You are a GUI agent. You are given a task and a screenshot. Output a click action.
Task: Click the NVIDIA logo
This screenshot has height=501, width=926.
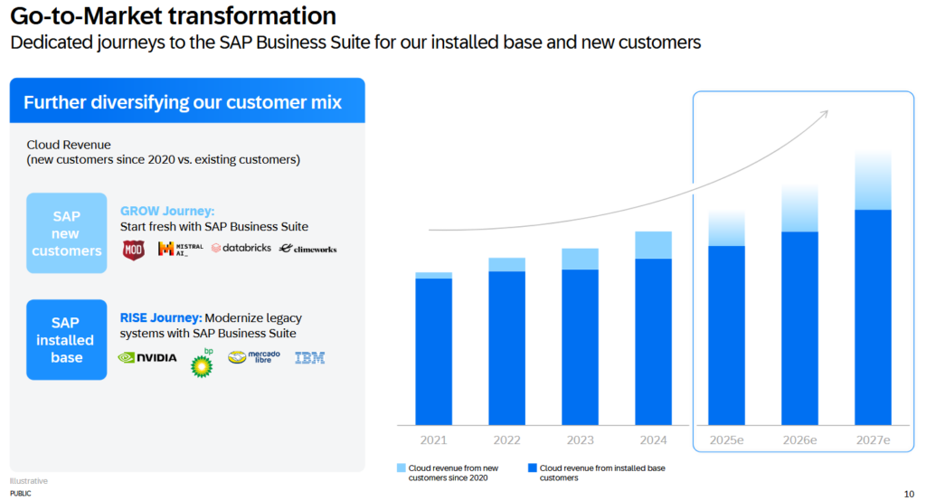coord(147,357)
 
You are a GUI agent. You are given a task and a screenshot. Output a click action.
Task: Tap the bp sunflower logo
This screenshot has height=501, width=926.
coord(202,364)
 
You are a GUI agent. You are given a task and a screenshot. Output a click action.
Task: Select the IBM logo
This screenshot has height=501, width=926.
coord(309,358)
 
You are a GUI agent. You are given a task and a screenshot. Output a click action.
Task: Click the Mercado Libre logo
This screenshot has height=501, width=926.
coord(254,357)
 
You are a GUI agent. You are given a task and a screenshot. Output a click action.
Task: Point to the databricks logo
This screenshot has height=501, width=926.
coord(241,248)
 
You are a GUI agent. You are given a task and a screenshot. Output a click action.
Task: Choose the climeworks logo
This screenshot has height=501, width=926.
coord(307,248)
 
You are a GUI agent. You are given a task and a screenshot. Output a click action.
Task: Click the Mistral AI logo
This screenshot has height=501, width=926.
coord(180,249)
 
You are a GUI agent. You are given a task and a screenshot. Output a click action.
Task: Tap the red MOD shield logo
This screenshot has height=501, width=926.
coord(133,250)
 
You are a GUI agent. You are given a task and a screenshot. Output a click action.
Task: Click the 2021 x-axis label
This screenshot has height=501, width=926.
coord(433,440)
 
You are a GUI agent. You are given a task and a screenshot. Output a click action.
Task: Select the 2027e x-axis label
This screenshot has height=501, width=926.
coord(873,440)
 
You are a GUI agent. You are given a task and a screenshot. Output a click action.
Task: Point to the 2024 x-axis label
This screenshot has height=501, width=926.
coord(653,440)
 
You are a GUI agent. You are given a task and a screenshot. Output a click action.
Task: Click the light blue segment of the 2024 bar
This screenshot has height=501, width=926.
coord(653,245)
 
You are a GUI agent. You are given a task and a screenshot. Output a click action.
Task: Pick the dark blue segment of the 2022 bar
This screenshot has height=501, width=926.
coord(506,347)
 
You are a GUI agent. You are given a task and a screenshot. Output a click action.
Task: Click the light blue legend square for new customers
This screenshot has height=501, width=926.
coord(402,468)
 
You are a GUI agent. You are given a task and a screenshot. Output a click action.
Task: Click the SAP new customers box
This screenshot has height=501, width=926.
coord(66,233)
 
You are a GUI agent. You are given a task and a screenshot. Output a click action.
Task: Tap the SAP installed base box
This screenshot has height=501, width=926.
coord(66,340)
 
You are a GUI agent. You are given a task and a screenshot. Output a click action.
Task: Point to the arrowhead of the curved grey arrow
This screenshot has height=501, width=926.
coord(825,113)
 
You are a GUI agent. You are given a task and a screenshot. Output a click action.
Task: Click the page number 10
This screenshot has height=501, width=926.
coord(908,494)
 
